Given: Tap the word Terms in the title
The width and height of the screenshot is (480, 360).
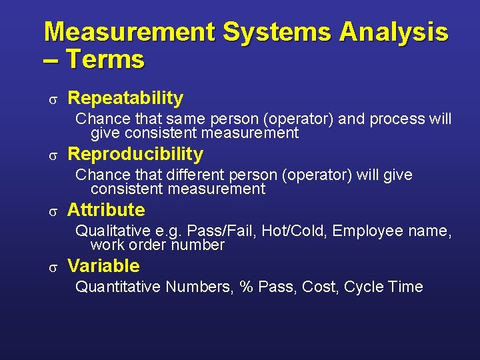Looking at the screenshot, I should tap(105, 60).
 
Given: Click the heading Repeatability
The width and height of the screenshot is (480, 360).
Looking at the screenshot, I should tap(125, 99).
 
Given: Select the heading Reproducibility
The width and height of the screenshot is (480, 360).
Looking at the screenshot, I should tap(135, 155).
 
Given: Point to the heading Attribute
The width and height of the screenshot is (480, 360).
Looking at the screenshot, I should tap(106, 211).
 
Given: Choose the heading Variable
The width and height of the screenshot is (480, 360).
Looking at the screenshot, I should tap(103, 267).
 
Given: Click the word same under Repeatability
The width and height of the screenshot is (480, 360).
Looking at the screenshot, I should tap(186, 119).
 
